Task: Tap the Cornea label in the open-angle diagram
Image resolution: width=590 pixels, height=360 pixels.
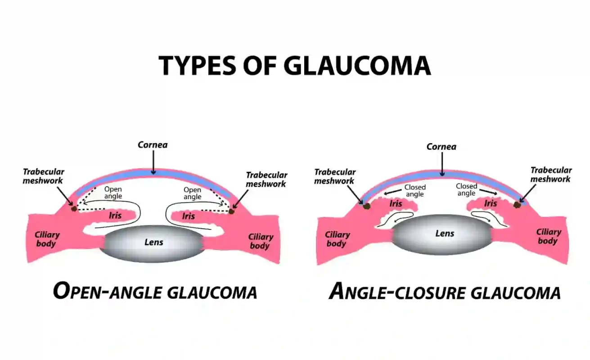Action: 153,145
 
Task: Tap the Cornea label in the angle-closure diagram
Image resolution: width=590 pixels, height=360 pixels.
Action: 441,147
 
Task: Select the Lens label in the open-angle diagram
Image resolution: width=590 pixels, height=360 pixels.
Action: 153,242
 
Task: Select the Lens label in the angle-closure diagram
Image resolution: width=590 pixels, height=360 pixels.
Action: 445,233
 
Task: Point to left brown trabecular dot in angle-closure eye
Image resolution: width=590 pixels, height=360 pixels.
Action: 366,206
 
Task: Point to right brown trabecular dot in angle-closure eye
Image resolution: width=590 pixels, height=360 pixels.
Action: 518,204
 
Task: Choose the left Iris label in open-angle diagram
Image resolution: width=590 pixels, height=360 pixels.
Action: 115,216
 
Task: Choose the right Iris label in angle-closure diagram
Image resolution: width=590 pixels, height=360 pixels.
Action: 491,203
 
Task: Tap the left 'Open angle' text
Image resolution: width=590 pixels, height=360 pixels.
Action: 113,193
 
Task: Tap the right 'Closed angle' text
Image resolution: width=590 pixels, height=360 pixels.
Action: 466,189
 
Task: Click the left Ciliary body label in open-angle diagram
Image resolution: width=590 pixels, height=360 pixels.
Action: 47,239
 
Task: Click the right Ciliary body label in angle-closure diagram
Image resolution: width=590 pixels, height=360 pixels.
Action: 548,236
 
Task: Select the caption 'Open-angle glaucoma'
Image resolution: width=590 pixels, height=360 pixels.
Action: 155,291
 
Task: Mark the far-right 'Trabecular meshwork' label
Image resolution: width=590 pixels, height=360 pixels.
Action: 551,175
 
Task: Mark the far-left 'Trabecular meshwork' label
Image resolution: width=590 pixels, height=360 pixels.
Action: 44,176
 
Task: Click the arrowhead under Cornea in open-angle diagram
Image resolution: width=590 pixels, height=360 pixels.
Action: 153,172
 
